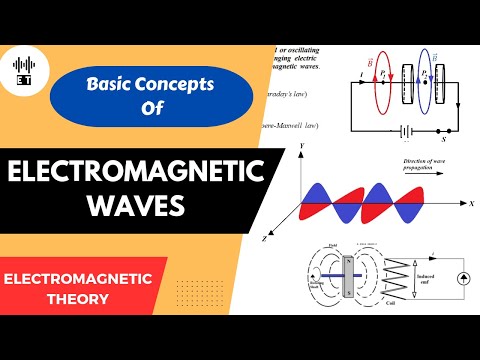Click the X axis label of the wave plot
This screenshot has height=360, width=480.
click(468, 203)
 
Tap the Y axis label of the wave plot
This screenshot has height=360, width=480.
click(296, 148)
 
